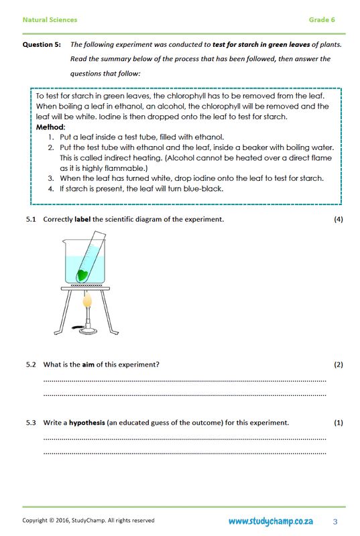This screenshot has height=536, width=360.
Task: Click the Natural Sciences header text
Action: [50, 20]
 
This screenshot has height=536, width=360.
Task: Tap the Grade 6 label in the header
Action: [322, 20]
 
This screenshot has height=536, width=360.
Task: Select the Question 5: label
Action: [43, 44]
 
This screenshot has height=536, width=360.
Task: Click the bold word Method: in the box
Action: [51, 127]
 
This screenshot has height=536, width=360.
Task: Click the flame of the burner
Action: [86, 304]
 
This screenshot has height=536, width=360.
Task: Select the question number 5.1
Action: [31, 220]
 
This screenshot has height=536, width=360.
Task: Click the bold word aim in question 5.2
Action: [88, 364]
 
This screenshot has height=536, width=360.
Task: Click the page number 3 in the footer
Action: [335, 521]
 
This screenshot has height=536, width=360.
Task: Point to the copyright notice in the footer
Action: [88, 521]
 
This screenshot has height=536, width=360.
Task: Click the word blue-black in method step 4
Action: [200, 188]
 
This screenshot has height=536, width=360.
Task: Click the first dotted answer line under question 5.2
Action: [184, 381]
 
